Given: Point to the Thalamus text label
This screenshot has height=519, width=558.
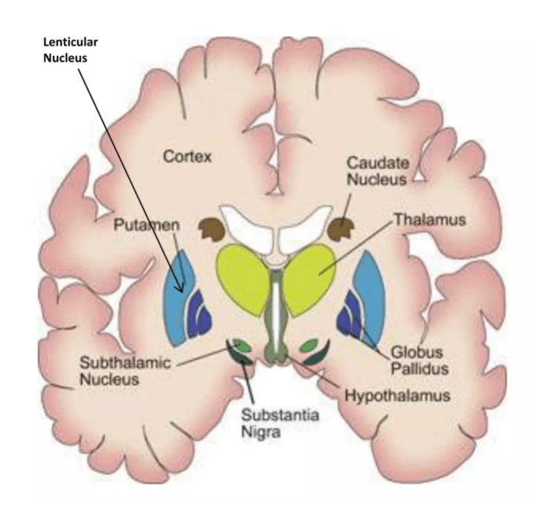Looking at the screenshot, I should pyautogui.click(x=420, y=219).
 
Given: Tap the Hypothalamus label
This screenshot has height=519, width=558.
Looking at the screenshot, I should pyautogui.click(x=396, y=395).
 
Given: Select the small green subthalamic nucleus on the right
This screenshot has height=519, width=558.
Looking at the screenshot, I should pyautogui.click(x=309, y=345).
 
